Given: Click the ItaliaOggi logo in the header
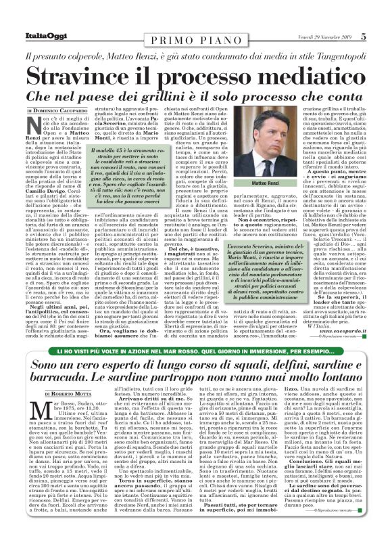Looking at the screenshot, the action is (33, 37).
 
